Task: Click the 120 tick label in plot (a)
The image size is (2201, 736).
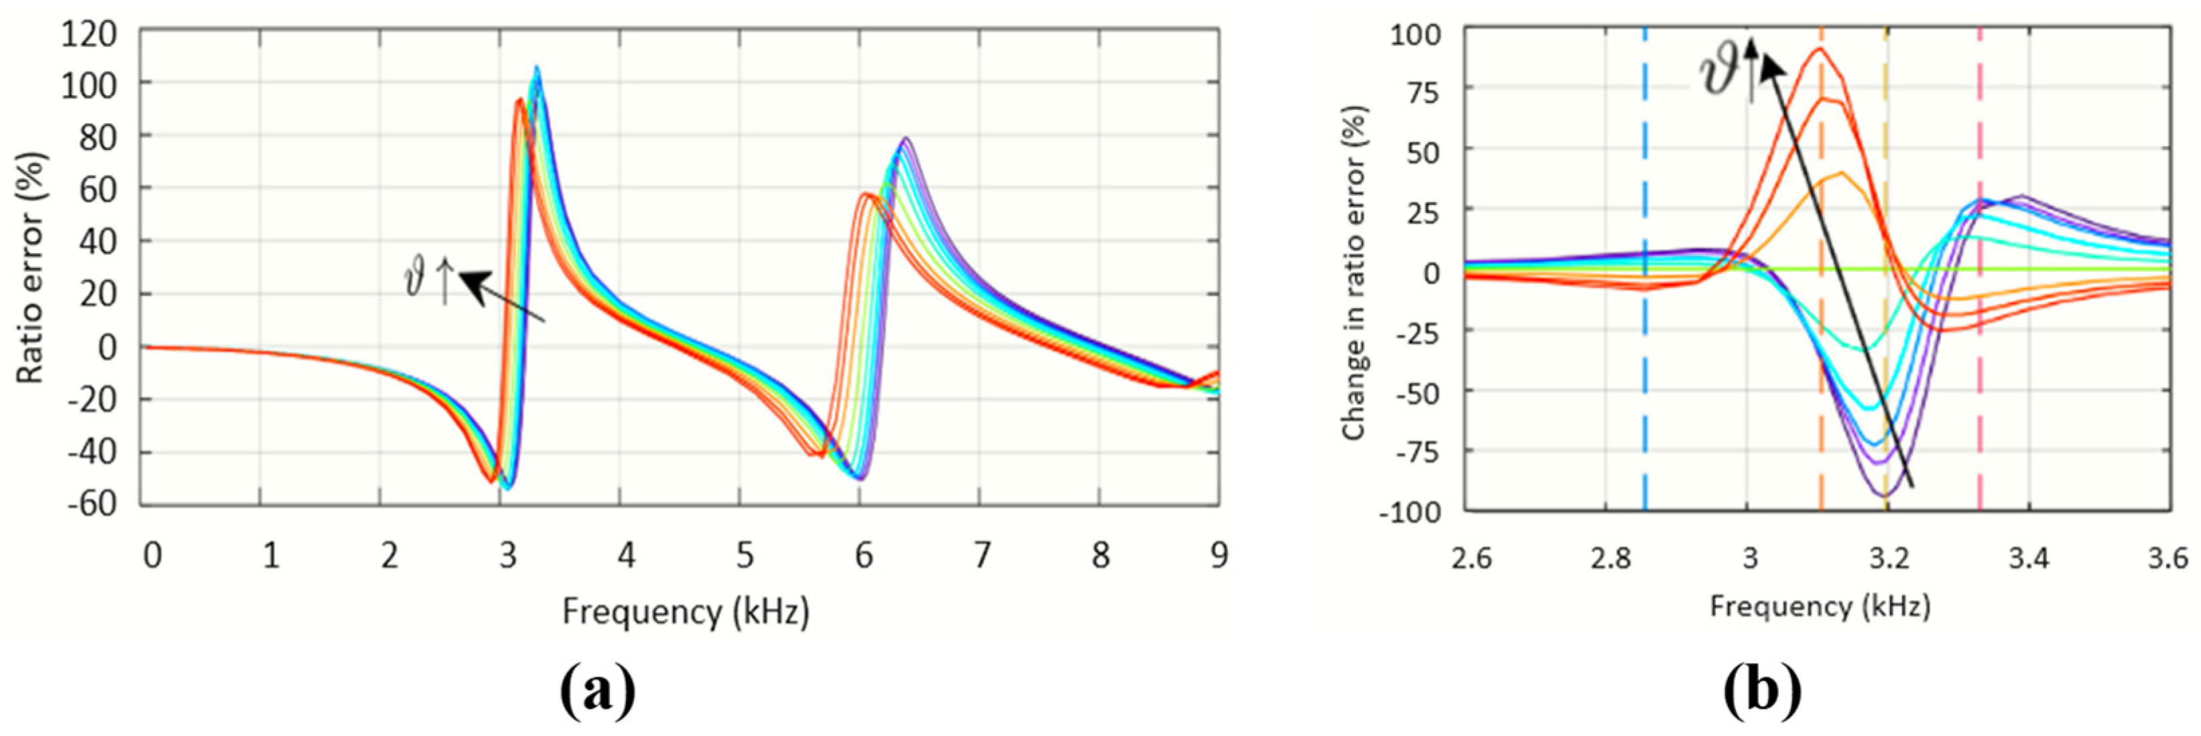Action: click(x=88, y=34)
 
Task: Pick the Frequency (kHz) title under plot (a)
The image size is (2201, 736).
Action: click(x=685, y=611)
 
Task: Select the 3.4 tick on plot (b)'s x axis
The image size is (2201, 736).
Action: click(x=2028, y=559)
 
